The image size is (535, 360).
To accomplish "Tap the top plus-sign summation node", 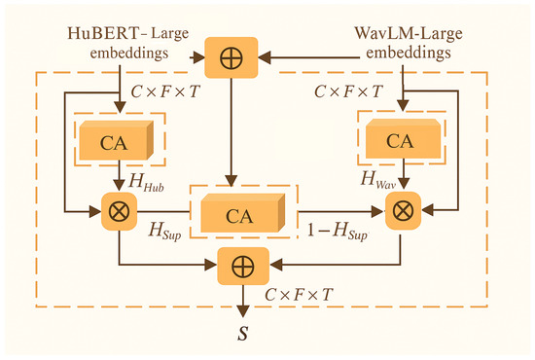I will (x=232, y=54).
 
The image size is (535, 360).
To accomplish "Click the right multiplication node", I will (x=400, y=207).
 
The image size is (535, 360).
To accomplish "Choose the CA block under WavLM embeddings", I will (x=399, y=141).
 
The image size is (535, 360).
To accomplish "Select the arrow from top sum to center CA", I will (x=232, y=126).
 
